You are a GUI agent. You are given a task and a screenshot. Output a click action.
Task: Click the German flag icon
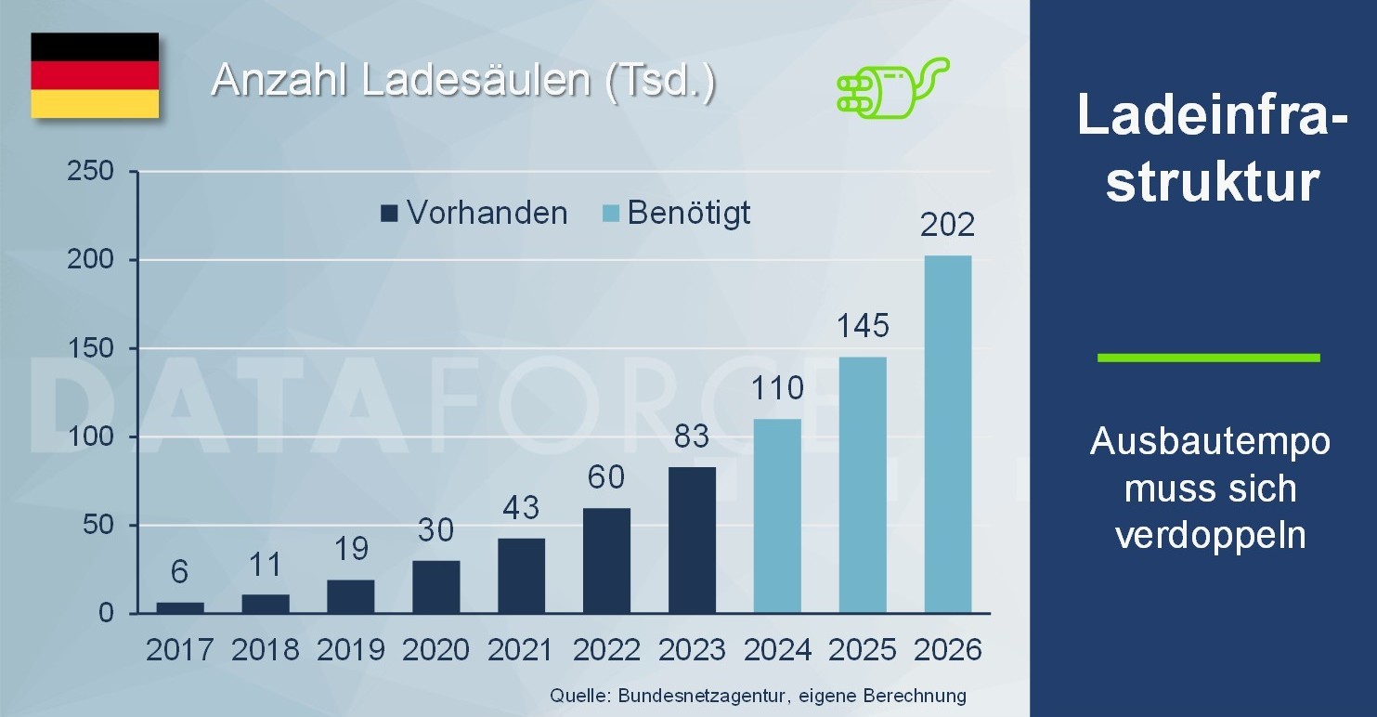pyautogui.click(x=95, y=75)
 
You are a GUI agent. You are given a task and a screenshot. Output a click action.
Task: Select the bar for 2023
pyautogui.click(x=692, y=540)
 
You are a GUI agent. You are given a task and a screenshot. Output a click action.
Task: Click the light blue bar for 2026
pyautogui.click(x=948, y=434)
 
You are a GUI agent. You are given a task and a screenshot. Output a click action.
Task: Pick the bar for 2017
pyautogui.click(x=180, y=607)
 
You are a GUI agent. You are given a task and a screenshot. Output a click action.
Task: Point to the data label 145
pyautogui.click(x=864, y=326)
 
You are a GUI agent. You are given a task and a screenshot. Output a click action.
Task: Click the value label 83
pyautogui.click(x=692, y=436)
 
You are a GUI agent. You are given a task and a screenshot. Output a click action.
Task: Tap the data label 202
pyautogui.click(x=947, y=225)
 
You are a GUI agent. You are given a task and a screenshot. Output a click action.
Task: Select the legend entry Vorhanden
pyautogui.click(x=474, y=214)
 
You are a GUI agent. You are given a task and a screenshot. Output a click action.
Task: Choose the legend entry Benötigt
pyautogui.click(x=677, y=214)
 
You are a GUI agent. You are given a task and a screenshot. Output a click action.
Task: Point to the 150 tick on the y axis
pyautogui.click(x=90, y=348)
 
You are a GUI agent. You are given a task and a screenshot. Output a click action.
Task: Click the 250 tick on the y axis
pyautogui.click(x=90, y=172)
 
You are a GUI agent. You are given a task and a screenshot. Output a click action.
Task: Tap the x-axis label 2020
pyautogui.click(x=436, y=650)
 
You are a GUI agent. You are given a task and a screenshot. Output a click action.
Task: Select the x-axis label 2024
pyautogui.click(x=777, y=650)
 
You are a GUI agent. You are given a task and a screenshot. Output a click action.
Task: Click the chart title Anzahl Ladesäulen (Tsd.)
pyautogui.click(x=463, y=81)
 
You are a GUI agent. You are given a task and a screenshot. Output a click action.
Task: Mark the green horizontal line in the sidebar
pyautogui.click(x=1208, y=357)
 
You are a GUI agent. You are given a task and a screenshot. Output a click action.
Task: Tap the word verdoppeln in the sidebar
pyautogui.click(x=1210, y=536)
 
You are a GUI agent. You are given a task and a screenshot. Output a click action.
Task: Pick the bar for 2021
pyautogui.click(x=521, y=575)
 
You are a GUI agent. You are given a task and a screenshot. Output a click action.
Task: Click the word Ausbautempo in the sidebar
pyautogui.click(x=1210, y=441)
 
